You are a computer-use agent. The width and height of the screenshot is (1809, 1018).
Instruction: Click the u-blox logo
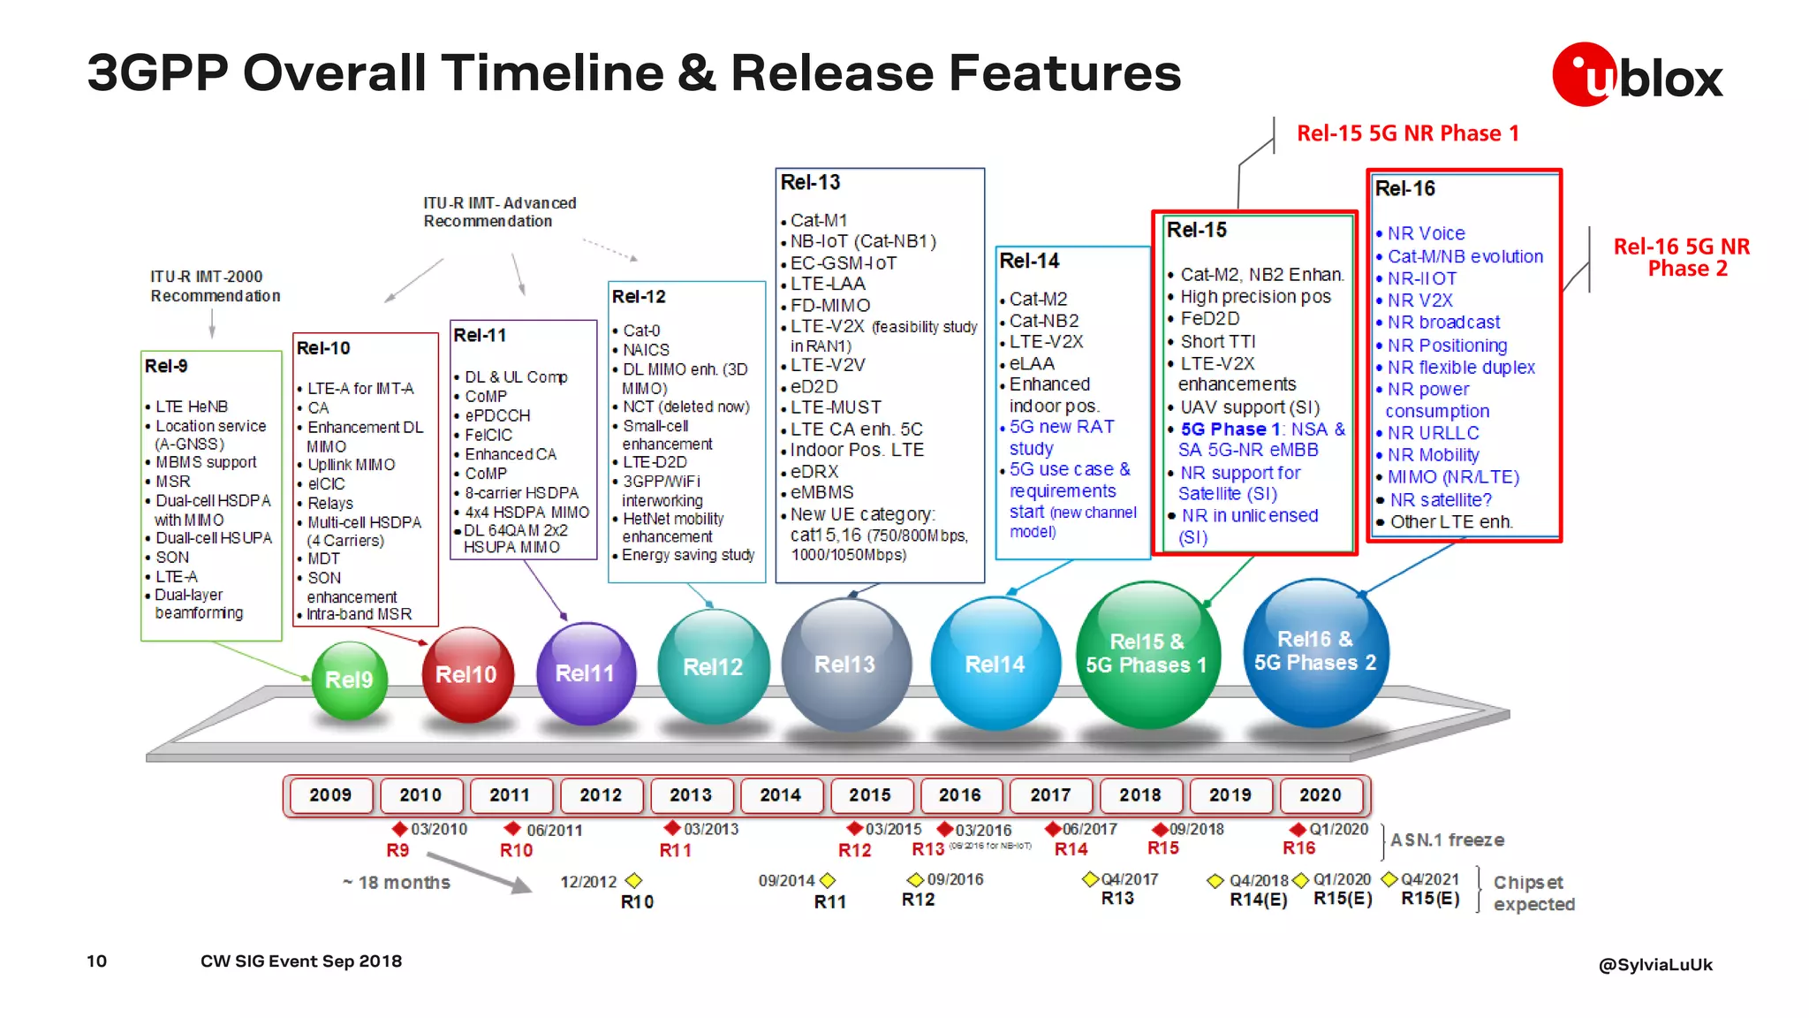click(1637, 75)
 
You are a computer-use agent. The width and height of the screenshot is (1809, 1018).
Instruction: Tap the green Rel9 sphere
click(350, 679)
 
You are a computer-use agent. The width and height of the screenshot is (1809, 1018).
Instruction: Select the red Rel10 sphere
click(467, 673)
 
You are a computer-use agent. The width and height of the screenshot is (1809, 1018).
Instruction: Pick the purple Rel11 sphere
click(585, 672)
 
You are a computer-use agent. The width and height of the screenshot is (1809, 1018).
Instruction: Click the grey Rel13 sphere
click(845, 665)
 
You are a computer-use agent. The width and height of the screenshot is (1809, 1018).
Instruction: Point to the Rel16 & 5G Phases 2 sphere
click(1315, 651)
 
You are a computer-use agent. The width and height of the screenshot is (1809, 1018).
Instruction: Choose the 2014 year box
click(780, 795)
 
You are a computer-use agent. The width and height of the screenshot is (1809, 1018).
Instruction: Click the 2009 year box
click(330, 795)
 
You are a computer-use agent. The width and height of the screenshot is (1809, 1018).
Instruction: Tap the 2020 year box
click(1320, 795)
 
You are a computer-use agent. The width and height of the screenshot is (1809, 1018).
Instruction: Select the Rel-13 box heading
click(811, 183)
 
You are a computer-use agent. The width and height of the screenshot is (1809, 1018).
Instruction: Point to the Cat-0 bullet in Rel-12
click(641, 330)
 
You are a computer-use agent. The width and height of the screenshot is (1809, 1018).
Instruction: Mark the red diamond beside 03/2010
click(400, 829)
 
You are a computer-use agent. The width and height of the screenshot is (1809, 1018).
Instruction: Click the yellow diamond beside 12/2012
click(633, 881)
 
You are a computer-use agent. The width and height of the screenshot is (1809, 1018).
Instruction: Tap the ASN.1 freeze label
click(1447, 839)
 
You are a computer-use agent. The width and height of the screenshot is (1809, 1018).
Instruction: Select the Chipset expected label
click(1533, 893)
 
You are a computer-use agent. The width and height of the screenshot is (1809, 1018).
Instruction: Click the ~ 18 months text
click(397, 882)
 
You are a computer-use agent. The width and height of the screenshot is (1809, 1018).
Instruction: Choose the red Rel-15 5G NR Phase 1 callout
click(1408, 133)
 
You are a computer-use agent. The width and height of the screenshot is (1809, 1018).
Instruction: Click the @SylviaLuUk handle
click(1654, 964)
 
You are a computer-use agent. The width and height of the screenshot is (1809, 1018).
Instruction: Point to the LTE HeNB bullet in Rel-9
click(192, 406)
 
